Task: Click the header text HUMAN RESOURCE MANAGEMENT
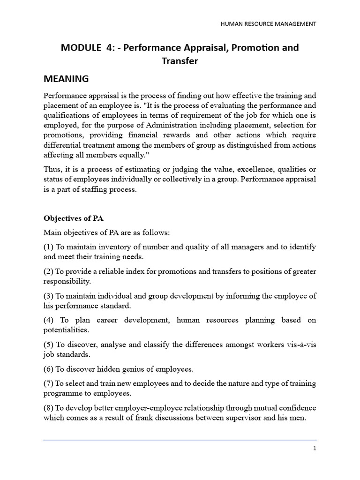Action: pos(268,23)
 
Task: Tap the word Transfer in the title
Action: pos(180,61)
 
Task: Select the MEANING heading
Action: pos(66,78)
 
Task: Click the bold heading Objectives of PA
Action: pos(73,218)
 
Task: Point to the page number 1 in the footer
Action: pos(315,448)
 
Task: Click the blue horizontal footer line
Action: pos(180,440)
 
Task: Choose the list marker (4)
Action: pos(49,320)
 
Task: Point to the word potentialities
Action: pos(66,330)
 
